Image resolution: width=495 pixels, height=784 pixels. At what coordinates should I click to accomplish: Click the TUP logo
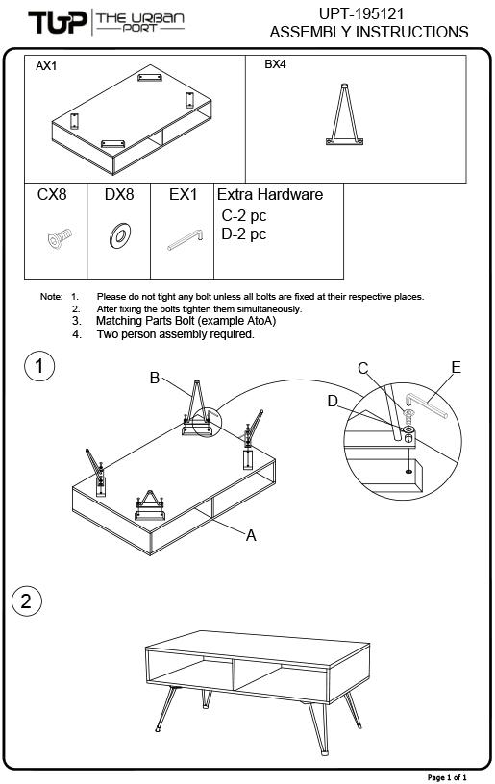click(x=58, y=22)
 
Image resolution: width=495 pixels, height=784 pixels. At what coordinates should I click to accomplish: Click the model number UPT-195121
click(x=361, y=13)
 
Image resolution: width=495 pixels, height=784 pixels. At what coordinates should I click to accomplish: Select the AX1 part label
click(x=46, y=66)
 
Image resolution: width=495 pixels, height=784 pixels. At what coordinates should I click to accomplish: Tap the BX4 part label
click(x=275, y=64)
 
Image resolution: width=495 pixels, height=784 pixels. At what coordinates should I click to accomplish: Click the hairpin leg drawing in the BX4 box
click(x=344, y=115)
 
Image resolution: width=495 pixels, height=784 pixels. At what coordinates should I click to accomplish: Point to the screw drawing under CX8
click(x=60, y=238)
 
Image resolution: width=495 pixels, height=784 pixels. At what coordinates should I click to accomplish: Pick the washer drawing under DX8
click(x=119, y=235)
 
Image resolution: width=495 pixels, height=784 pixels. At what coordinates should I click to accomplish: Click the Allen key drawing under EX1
click(x=185, y=239)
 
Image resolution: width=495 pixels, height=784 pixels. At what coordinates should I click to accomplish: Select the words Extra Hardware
click(x=270, y=194)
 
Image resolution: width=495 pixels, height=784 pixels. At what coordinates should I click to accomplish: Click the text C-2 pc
click(x=244, y=216)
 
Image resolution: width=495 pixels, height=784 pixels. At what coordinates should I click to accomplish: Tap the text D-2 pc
click(x=244, y=234)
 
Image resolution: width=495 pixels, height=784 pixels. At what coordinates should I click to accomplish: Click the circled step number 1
click(x=39, y=366)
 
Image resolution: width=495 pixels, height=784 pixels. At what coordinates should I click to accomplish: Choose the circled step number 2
click(x=27, y=601)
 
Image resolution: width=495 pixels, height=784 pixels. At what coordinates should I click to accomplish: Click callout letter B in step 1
click(x=155, y=378)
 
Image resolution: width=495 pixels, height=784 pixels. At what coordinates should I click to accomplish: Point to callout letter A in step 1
click(x=251, y=535)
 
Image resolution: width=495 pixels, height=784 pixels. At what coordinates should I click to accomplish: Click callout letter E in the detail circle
click(x=456, y=367)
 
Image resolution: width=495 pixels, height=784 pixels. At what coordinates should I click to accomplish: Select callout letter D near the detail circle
click(x=333, y=401)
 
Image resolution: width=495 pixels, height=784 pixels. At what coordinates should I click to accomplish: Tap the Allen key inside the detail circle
click(x=426, y=405)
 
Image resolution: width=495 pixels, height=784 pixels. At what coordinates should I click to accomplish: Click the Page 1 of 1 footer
click(x=447, y=777)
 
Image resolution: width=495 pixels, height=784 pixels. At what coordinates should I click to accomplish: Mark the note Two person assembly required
click(x=176, y=334)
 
